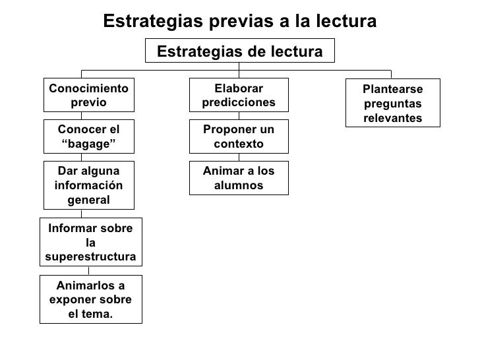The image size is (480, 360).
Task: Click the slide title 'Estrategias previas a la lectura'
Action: coord(240,21)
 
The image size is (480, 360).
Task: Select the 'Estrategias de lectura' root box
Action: coord(240,51)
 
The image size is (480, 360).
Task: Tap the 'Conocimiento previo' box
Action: coord(88,96)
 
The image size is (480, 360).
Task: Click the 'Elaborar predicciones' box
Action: coord(239,96)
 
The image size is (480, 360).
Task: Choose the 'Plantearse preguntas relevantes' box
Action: coord(393,104)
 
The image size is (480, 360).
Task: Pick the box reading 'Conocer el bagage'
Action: coord(88,136)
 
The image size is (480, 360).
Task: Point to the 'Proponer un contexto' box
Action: coord(239,136)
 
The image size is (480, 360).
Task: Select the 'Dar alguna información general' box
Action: coord(88,185)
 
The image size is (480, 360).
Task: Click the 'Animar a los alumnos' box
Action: coord(239,178)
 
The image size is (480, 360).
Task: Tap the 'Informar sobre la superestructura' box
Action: coord(91,241)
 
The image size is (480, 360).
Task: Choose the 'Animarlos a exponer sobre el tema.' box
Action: coord(90,299)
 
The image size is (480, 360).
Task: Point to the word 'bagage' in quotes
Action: coord(88,144)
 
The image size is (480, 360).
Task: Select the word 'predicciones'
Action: coord(239,103)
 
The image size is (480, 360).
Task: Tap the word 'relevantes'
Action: coord(393,117)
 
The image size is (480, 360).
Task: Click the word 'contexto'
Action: coord(239,144)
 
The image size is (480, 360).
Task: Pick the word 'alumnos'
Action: coord(239,185)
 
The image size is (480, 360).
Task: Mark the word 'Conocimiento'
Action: coord(88,88)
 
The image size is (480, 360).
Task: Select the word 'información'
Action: coord(88,185)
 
